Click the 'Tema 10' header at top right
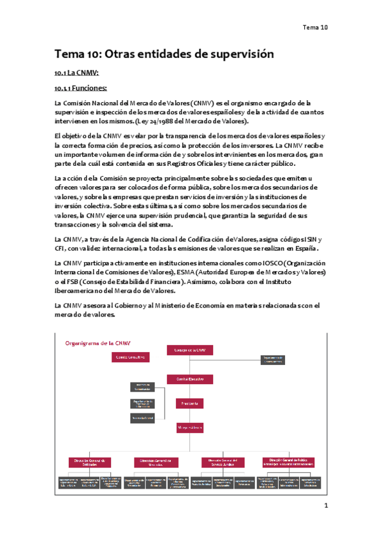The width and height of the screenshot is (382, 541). point(315,27)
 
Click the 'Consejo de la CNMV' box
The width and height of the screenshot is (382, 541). point(189,350)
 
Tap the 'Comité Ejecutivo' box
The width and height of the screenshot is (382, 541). point(189,379)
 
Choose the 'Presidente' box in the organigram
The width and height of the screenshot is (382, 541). point(189,403)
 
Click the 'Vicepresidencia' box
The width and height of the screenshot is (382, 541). point(189,427)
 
